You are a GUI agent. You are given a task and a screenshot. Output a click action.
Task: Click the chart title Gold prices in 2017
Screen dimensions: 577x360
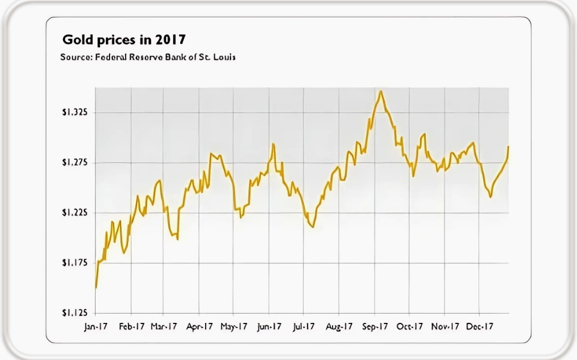pyautogui.click(x=124, y=39)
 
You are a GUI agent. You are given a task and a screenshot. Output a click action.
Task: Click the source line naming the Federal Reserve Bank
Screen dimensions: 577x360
pyautogui.click(x=148, y=57)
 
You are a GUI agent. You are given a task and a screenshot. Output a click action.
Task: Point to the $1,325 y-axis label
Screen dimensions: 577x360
pyautogui.click(x=75, y=112)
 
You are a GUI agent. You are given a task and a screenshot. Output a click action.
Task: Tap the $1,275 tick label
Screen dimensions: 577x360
pyautogui.click(x=75, y=162)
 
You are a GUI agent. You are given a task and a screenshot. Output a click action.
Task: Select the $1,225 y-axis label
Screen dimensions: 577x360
pyautogui.click(x=75, y=212)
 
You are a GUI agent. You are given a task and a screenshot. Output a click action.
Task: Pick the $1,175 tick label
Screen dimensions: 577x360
pyautogui.click(x=75, y=263)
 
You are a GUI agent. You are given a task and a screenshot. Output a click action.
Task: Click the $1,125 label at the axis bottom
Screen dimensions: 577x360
pyautogui.click(x=75, y=312)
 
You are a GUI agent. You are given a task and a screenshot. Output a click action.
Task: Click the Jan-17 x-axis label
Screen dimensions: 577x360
pyautogui.click(x=96, y=327)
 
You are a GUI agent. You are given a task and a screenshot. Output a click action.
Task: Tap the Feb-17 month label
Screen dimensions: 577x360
pyautogui.click(x=132, y=326)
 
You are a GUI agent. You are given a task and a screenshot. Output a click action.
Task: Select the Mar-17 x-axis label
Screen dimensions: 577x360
pyautogui.click(x=164, y=326)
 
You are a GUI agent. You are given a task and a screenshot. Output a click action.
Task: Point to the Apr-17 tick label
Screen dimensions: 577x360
pyautogui.click(x=199, y=327)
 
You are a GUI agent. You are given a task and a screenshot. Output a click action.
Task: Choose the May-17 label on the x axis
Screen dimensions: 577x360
pyautogui.click(x=234, y=327)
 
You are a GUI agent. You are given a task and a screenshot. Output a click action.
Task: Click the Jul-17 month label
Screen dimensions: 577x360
pyautogui.click(x=304, y=327)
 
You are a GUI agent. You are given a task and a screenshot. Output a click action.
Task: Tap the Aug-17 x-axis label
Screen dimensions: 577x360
pyautogui.click(x=339, y=327)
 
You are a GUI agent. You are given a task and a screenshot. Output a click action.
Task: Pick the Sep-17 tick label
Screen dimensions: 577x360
pyautogui.click(x=375, y=327)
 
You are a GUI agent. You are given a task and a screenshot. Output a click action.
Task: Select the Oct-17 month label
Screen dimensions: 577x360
pyautogui.click(x=410, y=326)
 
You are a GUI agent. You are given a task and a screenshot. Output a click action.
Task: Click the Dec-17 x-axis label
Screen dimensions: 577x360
pyautogui.click(x=480, y=326)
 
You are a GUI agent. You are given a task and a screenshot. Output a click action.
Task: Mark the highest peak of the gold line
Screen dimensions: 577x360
pyautogui.click(x=381, y=91)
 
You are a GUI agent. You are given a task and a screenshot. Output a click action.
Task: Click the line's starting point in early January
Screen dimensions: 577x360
pyautogui.click(x=96, y=288)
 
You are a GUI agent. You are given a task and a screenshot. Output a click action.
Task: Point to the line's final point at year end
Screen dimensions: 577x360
pyautogui.click(x=508, y=147)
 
